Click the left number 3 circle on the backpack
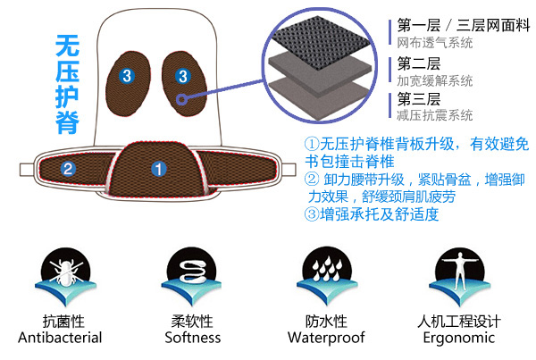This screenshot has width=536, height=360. click(x=127, y=76)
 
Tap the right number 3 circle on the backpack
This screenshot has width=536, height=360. click(x=183, y=76)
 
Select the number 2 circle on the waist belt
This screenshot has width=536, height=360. click(x=68, y=169)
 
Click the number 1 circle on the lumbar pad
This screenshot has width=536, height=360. click(x=159, y=169)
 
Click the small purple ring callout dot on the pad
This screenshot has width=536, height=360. click(x=182, y=99)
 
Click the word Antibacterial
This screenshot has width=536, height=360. click(x=60, y=338)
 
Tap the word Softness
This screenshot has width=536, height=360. click(x=193, y=338)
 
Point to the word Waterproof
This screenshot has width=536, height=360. click(x=326, y=338)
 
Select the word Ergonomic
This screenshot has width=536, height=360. click(x=459, y=338)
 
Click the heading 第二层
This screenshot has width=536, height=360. click(x=419, y=63)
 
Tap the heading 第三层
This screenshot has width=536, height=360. click(x=419, y=99)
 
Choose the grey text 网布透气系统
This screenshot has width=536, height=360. click(x=435, y=43)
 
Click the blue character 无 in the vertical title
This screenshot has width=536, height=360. click(x=67, y=46)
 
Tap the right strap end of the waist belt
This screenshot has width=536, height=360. click(x=289, y=170)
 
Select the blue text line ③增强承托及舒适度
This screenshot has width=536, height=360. click(x=372, y=214)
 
